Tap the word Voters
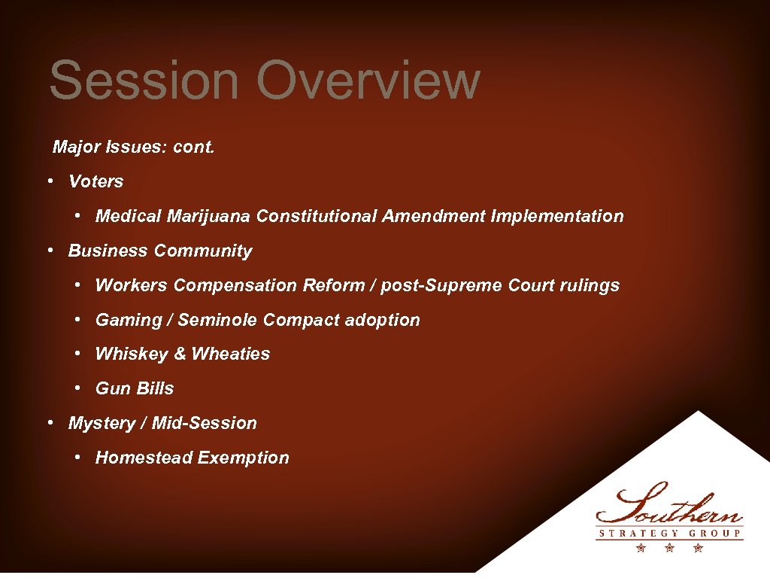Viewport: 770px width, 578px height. [x=95, y=181]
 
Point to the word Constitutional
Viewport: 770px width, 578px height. [x=317, y=217]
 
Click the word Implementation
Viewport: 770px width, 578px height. [x=556, y=217]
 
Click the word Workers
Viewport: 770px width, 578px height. [x=132, y=286]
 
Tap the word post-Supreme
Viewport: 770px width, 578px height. [x=440, y=286]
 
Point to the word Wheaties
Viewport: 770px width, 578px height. [x=231, y=354]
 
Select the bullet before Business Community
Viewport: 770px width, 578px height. [x=48, y=251]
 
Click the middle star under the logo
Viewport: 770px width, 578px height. [x=668, y=549]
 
